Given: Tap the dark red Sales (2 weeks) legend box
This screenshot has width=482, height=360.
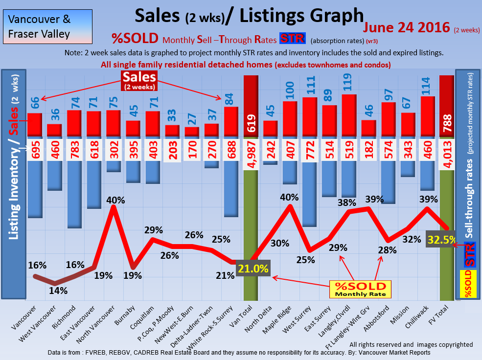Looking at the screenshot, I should click(139, 80).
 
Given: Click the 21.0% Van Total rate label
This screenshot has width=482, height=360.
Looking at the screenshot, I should click(253, 269).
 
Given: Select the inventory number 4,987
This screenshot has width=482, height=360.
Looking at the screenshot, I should click(251, 153).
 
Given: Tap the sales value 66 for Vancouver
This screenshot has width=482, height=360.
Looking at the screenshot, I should click(35, 103).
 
